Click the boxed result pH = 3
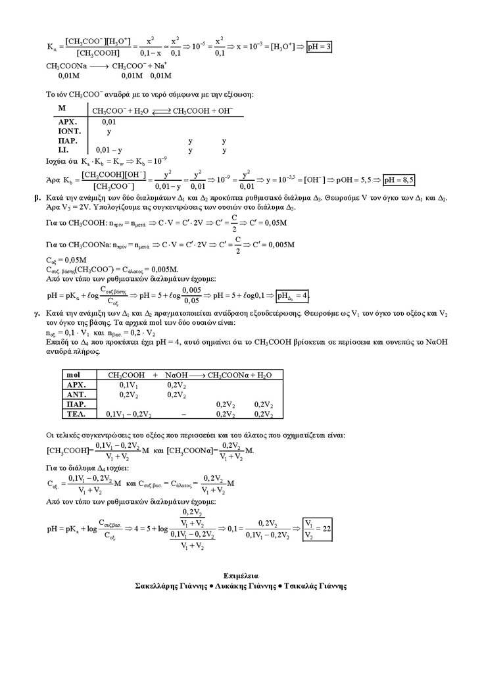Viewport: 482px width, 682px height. point(319,47)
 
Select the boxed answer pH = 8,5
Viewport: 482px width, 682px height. point(398,180)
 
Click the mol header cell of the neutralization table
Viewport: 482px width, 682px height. point(74,375)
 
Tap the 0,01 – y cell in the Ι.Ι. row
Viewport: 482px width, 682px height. point(109,150)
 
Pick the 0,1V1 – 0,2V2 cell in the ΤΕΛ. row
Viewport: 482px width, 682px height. point(129,414)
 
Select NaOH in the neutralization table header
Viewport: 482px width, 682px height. point(178,375)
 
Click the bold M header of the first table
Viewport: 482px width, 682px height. point(62,108)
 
